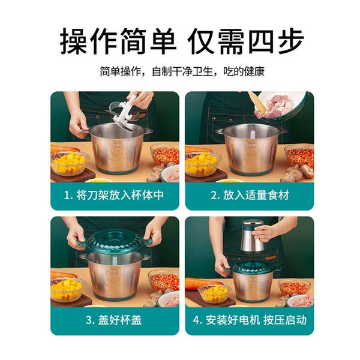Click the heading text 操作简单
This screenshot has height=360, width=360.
(x=118, y=41)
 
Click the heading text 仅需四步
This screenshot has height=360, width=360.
(x=246, y=41)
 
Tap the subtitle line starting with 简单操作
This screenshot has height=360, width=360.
(x=182, y=71)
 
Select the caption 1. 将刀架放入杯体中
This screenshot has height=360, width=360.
(x=114, y=195)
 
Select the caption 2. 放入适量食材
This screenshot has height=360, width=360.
(x=250, y=195)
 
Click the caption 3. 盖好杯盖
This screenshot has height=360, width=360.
(x=114, y=320)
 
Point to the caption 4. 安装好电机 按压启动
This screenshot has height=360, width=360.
(x=250, y=320)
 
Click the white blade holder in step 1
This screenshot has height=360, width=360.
(x=124, y=113)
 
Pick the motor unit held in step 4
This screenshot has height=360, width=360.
(x=253, y=236)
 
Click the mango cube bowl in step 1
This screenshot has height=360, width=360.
(x=70, y=163)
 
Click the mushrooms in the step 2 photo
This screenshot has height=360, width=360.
(x=298, y=173)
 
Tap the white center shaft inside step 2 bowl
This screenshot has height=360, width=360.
(x=252, y=133)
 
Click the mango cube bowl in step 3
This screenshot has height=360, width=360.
(x=68, y=289)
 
